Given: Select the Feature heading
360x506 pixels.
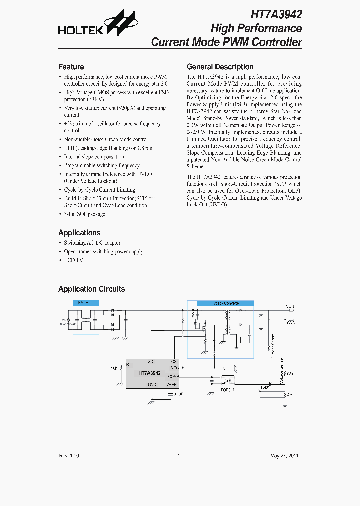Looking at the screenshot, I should pyautogui.click(x=71, y=67).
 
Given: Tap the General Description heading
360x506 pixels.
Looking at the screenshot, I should pyautogui.click(x=220, y=67).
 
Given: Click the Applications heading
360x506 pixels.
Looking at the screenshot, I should pyautogui.click(x=79, y=233).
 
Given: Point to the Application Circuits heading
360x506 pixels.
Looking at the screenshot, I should pyautogui.click(x=91, y=289).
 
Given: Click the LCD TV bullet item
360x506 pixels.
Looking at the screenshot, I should pyautogui.click(x=73, y=260).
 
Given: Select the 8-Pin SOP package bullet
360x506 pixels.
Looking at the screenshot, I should pyautogui.click(x=84, y=214).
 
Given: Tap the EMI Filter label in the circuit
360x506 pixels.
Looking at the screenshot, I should pyautogui.click(x=86, y=303).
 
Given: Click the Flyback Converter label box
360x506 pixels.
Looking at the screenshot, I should pyautogui.click(x=225, y=303).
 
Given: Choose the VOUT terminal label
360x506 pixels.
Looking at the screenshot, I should pyautogui.click(x=291, y=306).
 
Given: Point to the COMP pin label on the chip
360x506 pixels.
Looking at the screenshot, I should pyautogui.click(x=173, y=376).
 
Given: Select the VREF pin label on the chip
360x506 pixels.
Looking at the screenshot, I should pyautogui.click(x=172, y=384).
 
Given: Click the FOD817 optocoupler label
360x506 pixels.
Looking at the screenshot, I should pyautogui.click(x=227, y=389).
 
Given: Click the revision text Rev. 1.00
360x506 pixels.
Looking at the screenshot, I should pyautogui.click(x=69, y=455).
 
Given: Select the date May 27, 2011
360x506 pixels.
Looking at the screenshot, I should pyautogui.click(x=284, y=455).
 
